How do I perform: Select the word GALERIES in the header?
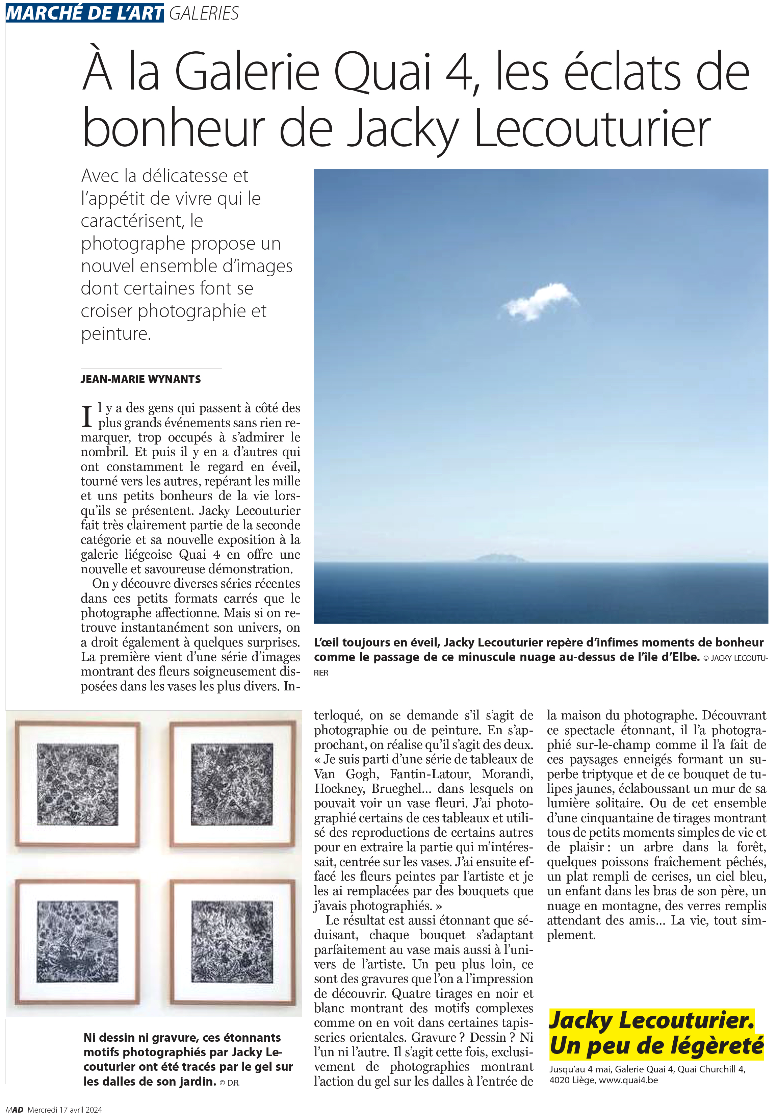(x=204, y=13)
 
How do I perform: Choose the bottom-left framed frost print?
(x=78, y=941)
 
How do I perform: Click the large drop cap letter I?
(x=87, y=416)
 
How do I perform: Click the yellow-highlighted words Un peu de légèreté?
(x=656, y=1045)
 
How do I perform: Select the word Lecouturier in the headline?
(x=592, y=128)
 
